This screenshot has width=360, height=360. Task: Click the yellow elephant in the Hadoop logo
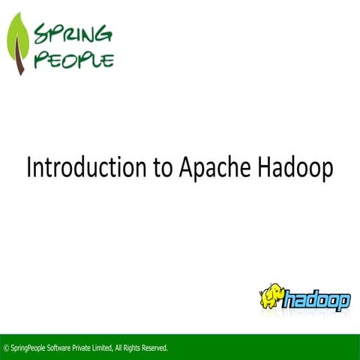tap(271, 297)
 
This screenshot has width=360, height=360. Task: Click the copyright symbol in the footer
tap(6, 348)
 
